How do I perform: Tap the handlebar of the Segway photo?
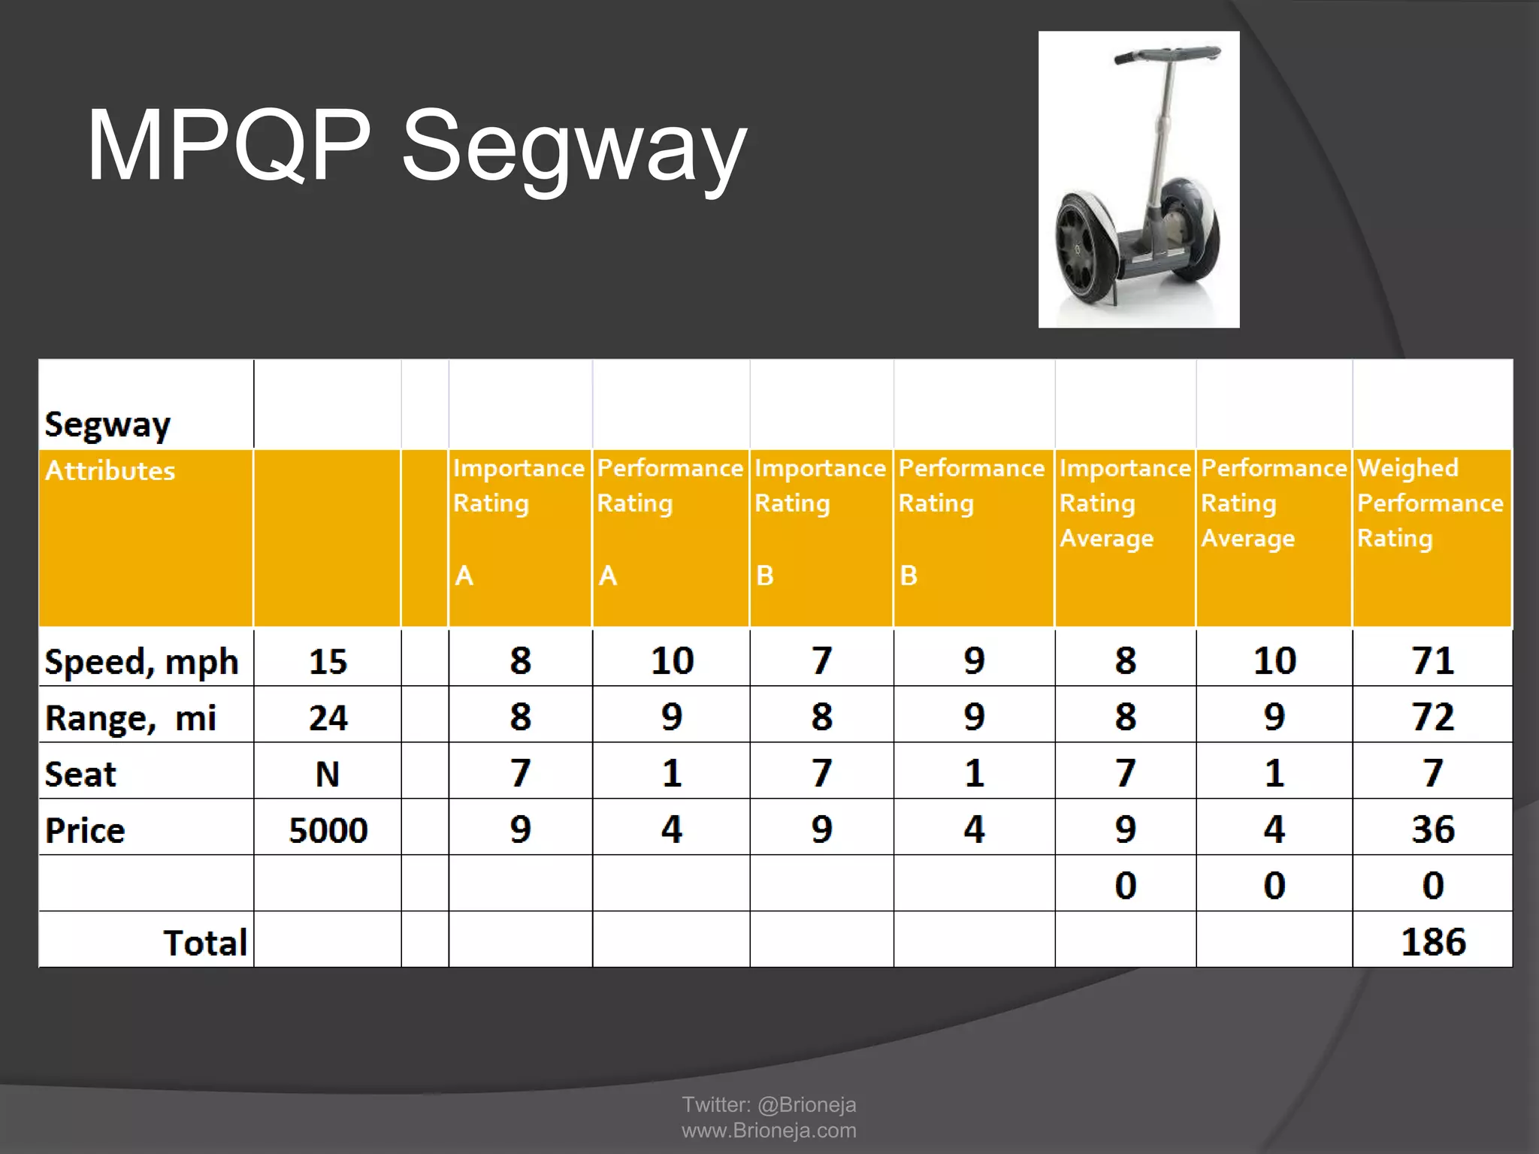point(1167,55)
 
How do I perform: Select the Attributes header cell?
point(110,471)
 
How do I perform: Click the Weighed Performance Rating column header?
point(1430,503)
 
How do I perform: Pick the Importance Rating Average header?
point(1125,503)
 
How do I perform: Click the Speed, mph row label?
point(141,662)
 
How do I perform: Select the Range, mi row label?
point(131,717)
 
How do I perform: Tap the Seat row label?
point(80,774)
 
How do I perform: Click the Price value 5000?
point(328,830)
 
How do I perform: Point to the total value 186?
point(1433,942)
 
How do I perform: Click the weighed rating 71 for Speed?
point(1433,661)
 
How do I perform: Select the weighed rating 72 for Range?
point(1433,717)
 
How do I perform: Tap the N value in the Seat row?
point(328,774)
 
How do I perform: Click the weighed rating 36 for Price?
point(1433,829)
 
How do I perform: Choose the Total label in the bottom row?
point(205,943)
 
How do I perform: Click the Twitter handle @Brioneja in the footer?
point(806,1104)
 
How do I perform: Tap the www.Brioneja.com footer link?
point(769,1130)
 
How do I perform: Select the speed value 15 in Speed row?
point(328,662)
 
